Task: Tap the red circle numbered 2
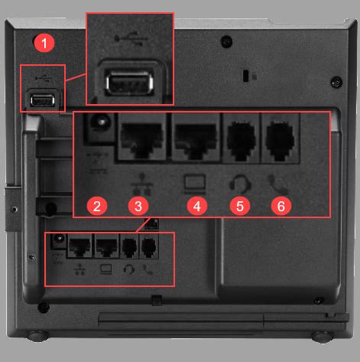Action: tap(96, 205)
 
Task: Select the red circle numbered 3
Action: tap(138, 205)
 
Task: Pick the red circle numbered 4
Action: tap(196, 205)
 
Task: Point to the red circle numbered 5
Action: tap(241, 205)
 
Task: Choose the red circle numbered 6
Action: tap(282, 205)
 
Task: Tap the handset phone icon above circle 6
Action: tap(280, 183)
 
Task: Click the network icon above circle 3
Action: tap(138, 182)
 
